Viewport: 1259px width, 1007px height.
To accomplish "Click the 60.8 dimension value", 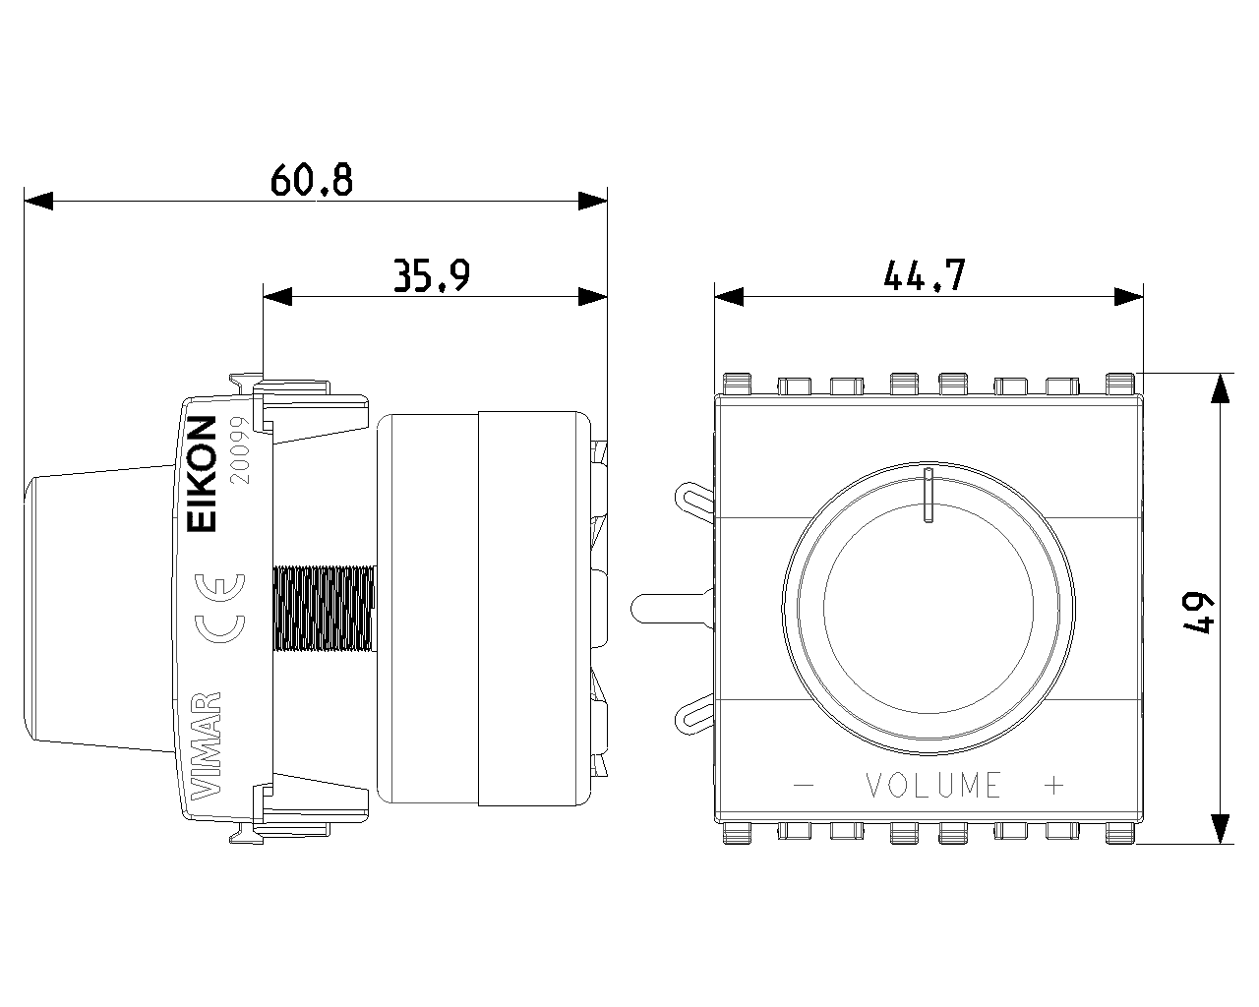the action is [x=312, y=180].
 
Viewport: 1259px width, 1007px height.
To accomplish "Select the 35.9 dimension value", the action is [x=432, y=275].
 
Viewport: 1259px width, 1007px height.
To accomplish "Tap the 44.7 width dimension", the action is [x=925, y=275].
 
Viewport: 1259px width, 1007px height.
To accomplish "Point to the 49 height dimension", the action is [x=1198, y=615].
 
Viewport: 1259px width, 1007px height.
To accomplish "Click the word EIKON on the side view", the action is [x=202, y=474].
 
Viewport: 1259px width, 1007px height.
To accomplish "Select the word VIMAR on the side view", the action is [x=206, y=746].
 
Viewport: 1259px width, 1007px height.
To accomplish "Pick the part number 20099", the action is [x=240, y=450].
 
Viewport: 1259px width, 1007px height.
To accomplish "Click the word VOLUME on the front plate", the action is [x=933, y=785].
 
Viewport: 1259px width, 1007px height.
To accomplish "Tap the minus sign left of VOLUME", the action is [x=805, y=785].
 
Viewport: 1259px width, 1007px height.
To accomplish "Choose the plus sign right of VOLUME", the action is [x=1053, y=785].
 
